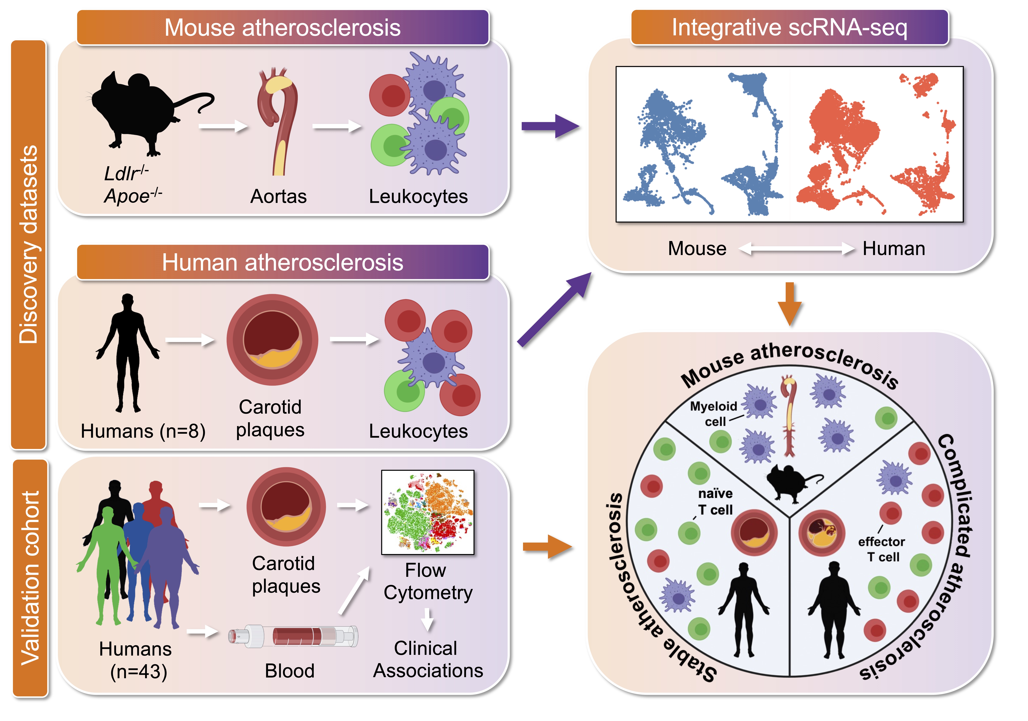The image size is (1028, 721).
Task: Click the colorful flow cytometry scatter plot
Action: (428, 512)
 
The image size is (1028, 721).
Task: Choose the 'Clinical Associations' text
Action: (428, 659)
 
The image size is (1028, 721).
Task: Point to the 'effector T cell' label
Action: (881, 549)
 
